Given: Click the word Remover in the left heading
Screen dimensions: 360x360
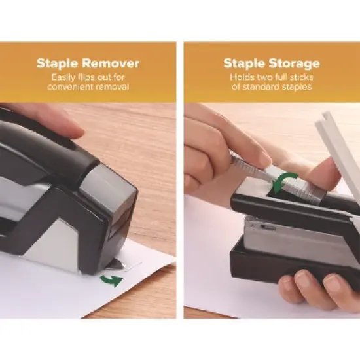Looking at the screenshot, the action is click(x=111, y=63).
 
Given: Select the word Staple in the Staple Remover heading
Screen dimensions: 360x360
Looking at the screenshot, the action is click(x=58, y=63).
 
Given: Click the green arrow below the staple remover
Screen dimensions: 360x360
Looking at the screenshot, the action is click(x=113, y=281).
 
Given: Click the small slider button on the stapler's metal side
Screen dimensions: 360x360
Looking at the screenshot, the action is click(x=268, y=228).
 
